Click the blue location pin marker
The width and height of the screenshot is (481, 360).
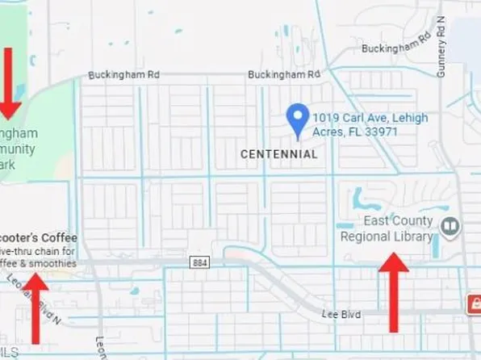coord(299,120)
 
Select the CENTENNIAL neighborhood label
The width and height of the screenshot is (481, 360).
coord(279,153)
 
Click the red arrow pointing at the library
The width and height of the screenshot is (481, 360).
coord(393,291)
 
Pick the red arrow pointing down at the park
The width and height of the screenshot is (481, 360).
coord(10,82)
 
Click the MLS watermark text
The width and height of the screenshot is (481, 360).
coord(10,352)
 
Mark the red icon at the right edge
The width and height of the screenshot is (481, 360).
coord(475,303)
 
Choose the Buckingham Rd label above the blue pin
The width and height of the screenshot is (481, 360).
coord(284,74)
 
